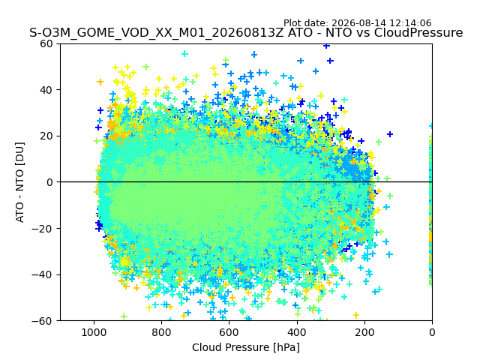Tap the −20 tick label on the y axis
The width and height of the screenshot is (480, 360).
(x=43, y=229)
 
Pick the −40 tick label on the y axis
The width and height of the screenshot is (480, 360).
(x=43, y=275)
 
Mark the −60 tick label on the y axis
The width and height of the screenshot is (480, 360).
(x=43, y=321)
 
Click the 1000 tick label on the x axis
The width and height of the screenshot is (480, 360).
(x=94, y=332)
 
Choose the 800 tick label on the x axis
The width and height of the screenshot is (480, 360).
(x=161, y=332)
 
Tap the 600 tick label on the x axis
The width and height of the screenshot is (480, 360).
(x=229, y=332)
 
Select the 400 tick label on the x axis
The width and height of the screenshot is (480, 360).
(x=297, y=332)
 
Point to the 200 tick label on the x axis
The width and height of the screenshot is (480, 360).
(x=364, y=332)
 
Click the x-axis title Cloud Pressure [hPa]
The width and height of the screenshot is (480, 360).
(x=246, y=348)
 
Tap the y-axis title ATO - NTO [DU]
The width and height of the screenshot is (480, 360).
(x=20, y=182)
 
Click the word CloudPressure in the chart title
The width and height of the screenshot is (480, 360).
(x=418, y=33)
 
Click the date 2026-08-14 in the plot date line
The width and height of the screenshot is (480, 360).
(x=359, y=23)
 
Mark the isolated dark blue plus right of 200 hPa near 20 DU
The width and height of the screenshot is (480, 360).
(x=390, y=134)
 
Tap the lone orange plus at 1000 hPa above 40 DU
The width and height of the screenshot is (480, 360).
(x=100, y=82)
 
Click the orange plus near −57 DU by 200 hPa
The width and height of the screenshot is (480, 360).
(x=356, y=315)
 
